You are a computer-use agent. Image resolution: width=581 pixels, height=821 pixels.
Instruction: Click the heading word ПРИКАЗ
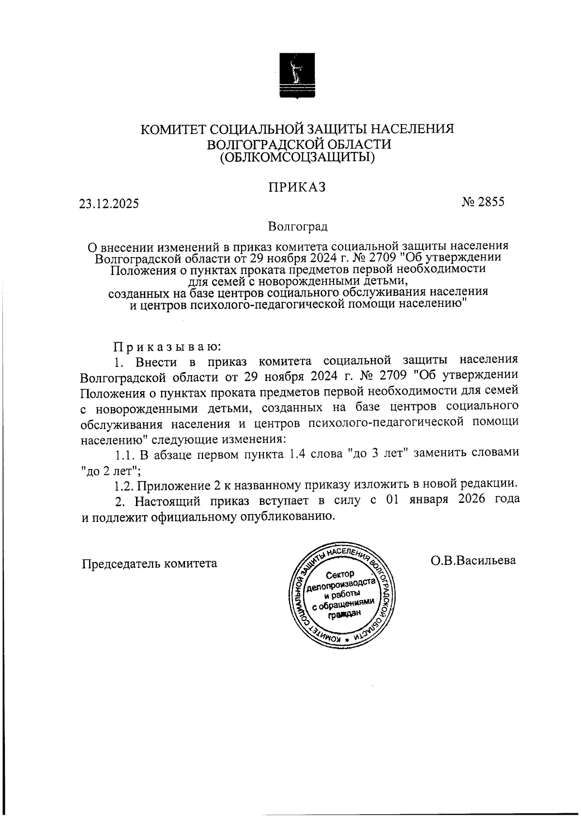coord(297,187)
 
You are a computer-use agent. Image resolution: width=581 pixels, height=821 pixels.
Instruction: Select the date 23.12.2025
coord(109,204)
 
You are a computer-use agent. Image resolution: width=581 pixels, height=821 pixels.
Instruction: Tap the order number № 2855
coord(483,202)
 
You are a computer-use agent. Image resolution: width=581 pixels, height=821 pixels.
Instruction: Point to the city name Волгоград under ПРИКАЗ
coord(297,226)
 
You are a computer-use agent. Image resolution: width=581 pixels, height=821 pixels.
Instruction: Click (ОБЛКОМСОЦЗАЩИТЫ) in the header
coord(297,157)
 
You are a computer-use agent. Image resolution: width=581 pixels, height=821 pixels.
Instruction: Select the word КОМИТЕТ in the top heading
coord(175,129)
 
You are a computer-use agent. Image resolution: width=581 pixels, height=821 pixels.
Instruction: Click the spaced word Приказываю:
coord(167,347)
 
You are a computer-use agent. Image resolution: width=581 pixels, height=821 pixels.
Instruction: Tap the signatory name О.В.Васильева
coord(474,561)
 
